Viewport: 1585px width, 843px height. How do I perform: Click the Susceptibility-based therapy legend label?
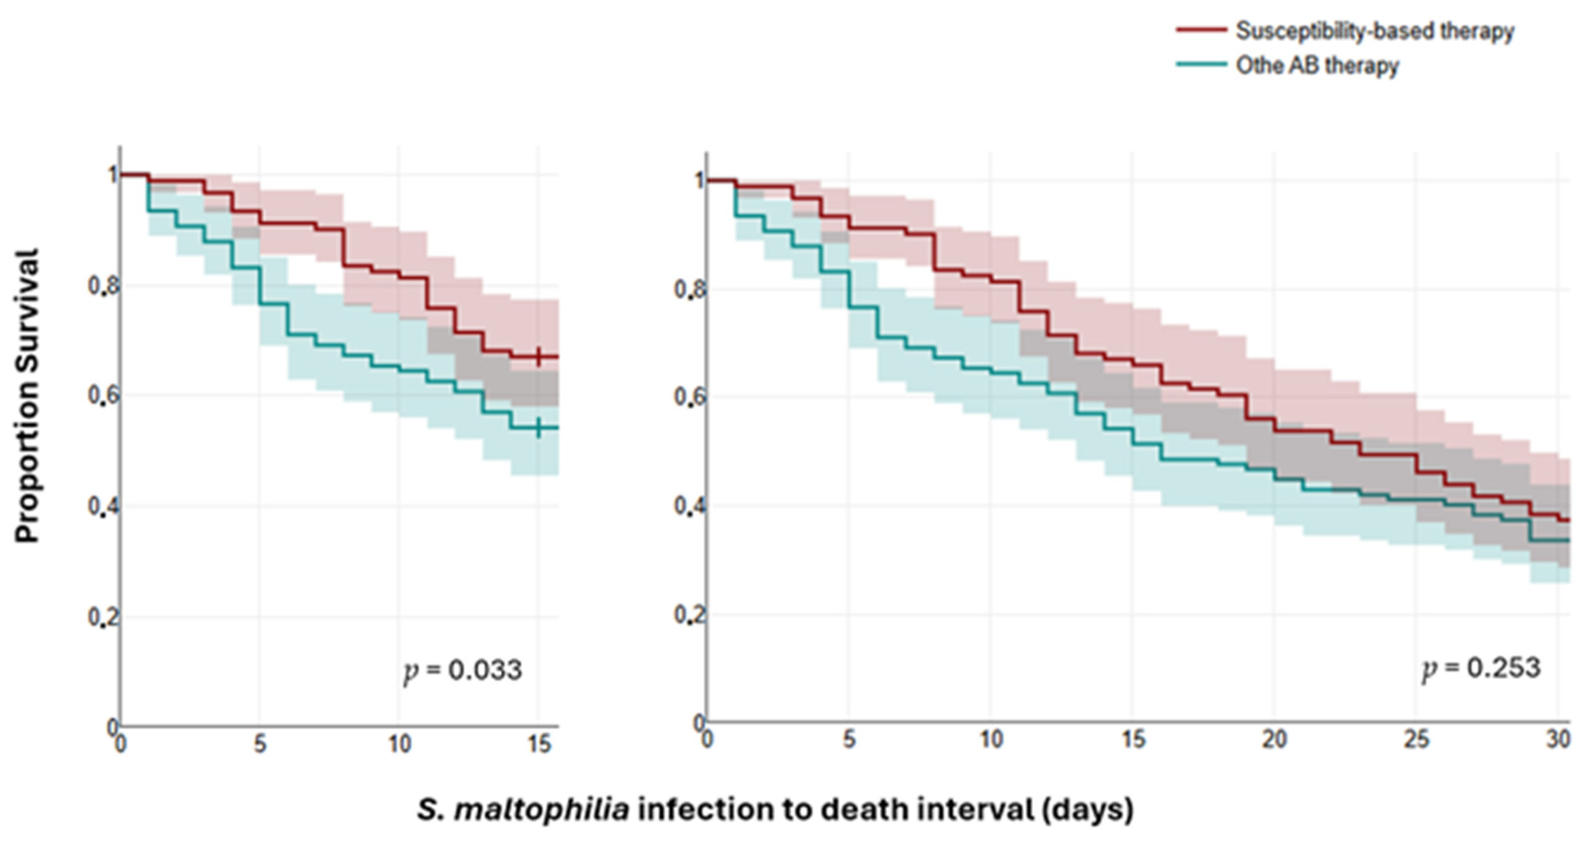(x=1375, y=31)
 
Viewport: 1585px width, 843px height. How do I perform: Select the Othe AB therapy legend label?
(x=1317, y=65)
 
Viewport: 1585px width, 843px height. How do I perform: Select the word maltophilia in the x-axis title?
(x=541, y=810)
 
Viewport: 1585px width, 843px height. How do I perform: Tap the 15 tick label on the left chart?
(x=539, y=744)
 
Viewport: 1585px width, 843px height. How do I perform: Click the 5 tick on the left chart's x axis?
(x=260, y=744)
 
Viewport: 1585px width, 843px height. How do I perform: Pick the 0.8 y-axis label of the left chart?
(x=103, y=286)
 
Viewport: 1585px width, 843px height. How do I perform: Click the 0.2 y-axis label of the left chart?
(x=103, y=616)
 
